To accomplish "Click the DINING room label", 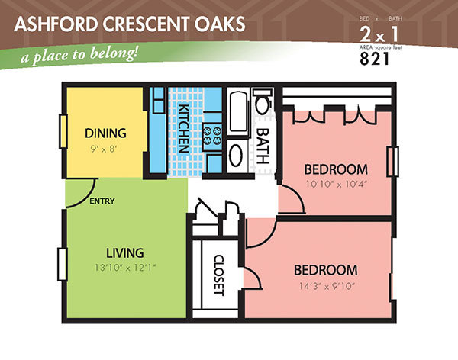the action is pos(105,133).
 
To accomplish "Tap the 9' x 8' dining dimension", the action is pos(104,149).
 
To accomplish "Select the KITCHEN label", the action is pos(183,128).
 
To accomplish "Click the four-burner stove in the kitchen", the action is pos(212,137).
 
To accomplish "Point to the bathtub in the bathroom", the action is pos(238,111).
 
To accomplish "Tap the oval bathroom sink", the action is pos(236,156).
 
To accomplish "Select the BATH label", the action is pos(263,146).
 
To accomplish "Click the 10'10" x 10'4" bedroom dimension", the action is pos(336,185).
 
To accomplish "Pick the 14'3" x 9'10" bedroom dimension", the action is pos(327,286).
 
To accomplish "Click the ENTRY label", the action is pos(102,201).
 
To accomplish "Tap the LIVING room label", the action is pos(124,253).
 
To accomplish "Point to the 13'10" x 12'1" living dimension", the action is pos(126,268).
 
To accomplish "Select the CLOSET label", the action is pos(219,275).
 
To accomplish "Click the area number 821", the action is pos(375,59).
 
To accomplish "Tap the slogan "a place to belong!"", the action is pos(79,55).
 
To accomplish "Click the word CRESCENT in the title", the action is pos(146,24).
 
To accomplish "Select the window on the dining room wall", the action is pos(63,131).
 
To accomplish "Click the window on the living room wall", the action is pos(63,264).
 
